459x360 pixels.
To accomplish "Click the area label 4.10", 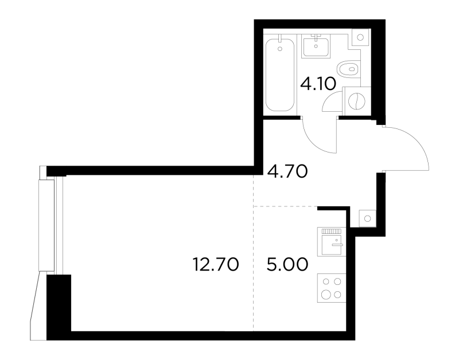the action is pos(318,84).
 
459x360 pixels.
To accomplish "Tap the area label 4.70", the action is pos(287,171).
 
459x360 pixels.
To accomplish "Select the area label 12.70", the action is pos(216,264).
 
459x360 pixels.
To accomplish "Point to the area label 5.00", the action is pos(287,264).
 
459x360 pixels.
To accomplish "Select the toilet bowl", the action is pos(349,69).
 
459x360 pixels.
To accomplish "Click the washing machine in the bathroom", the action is pos(356,101).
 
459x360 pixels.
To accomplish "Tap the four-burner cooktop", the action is pos(332,288).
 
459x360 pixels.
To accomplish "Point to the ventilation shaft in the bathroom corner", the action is pos(360,37).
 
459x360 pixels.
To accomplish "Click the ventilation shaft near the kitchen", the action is pos(367,218).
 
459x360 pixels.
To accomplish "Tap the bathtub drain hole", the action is pos(280,49).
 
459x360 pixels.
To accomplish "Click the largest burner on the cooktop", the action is pos(325,294).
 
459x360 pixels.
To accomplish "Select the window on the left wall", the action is pos(50,225).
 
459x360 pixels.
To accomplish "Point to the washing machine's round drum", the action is pos(357,101).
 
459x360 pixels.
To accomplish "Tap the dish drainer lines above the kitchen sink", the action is pos(332,231).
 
